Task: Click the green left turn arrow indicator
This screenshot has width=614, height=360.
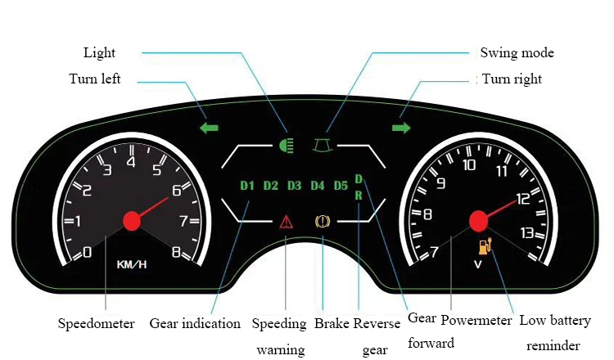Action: [210, 128]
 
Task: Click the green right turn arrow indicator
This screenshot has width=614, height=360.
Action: [401, 128]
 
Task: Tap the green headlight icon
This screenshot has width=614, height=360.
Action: [286, 146]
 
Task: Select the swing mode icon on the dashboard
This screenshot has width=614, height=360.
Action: [324, 146]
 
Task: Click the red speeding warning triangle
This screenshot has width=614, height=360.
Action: [286, 221]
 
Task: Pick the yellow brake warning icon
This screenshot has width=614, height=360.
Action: [323, 221]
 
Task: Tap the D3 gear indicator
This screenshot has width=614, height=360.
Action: [295, 185]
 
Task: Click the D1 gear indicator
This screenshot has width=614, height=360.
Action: [248, 185]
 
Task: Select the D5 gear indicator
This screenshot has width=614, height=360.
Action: [341, 185]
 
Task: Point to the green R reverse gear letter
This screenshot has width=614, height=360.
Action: [358, 196]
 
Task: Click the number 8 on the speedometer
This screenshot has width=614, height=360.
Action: [175, 252]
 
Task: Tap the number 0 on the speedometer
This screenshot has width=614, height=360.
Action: [88, 252]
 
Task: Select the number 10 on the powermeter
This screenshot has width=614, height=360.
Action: [469, 165]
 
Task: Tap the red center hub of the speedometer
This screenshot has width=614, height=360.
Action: [131, 220]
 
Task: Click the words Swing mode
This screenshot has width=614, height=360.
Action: [517, 53]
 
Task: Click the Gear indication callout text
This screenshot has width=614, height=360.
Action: [195, 323]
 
